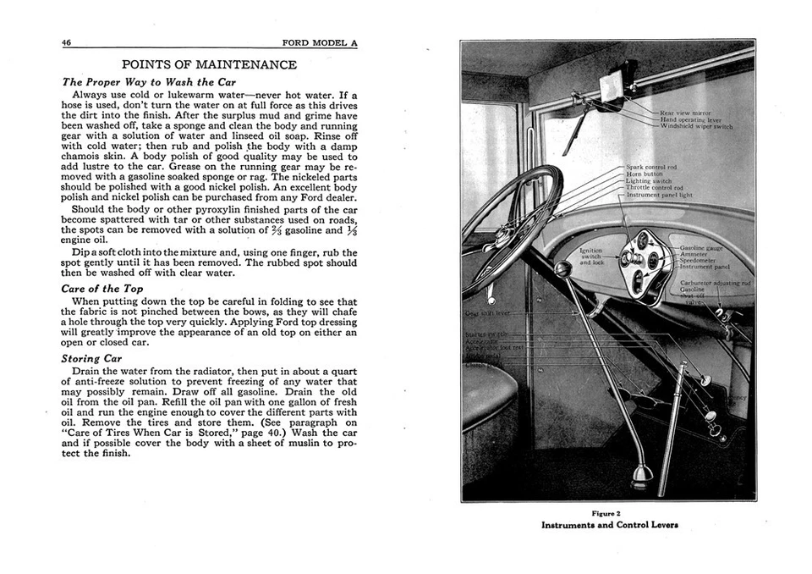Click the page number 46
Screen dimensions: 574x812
pos(66,43)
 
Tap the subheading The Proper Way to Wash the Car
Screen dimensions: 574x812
pos(149,82)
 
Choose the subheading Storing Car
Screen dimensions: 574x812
pos(92,358)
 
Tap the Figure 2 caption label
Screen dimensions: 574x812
pos(606,513)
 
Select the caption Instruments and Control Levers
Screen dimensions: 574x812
pos(609,525)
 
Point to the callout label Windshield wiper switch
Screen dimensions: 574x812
pos(697,126)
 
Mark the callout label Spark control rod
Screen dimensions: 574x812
pos(651,168)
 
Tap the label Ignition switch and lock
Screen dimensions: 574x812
pos(592,257)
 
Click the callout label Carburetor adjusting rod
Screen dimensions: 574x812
pos(716,283)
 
